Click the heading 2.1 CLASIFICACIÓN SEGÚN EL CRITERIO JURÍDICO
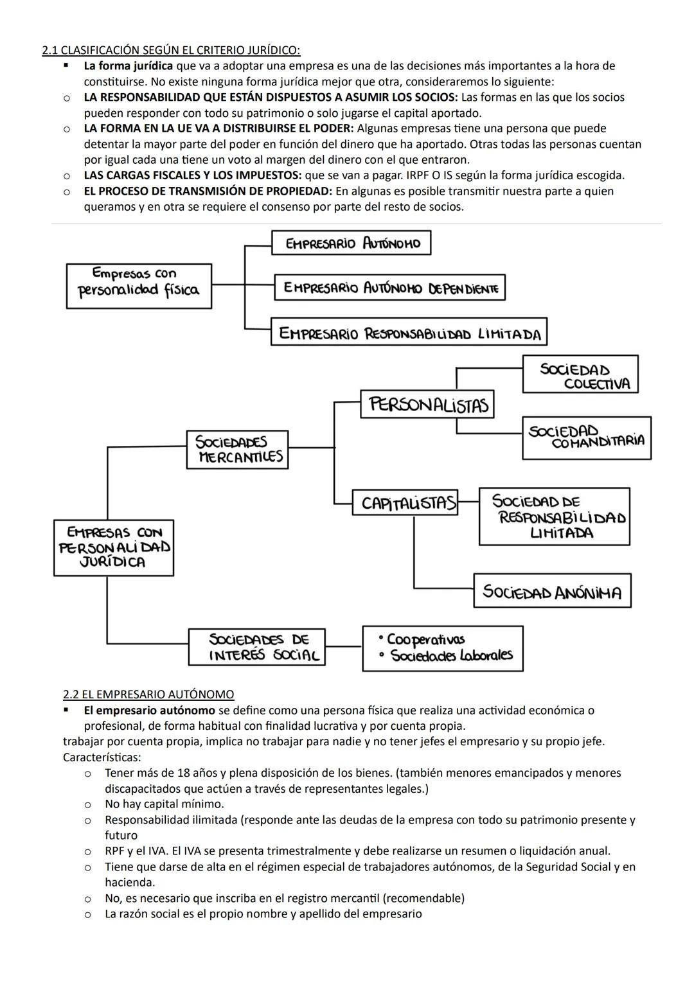tap(171, 50)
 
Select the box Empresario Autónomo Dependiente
tap(390, 287)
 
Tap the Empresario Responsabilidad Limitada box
tap(409, 332)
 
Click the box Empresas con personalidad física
tap(139, 286)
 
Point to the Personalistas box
tap(427, 404)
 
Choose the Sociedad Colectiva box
tap(580, 375)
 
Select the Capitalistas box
tap(405, 502)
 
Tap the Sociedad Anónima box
tap(552, 591)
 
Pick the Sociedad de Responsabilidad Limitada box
tap(554, 517)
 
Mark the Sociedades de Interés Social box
tap(257, 647)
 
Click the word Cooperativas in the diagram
tap(425, 640)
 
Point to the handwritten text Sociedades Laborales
tap(451, 656)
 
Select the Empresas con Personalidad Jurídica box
tap(114, 547)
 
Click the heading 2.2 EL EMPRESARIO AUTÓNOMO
tap(148, 694)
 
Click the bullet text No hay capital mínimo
tap(165, 804)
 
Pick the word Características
tap(102, 757)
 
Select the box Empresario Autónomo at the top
tap(351, 243)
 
